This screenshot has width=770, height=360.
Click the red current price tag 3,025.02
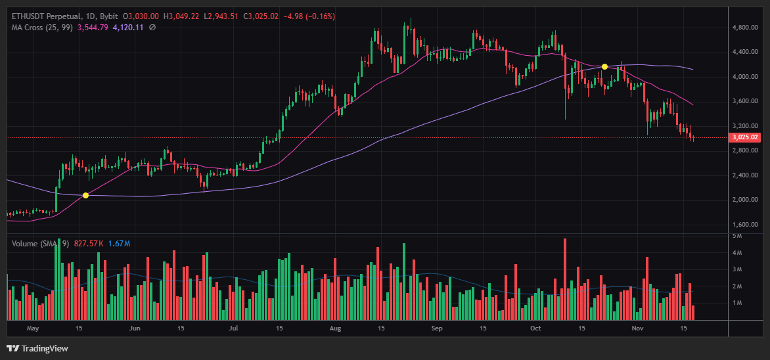pos(745,138)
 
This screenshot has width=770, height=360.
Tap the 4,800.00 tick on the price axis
pos(745,28)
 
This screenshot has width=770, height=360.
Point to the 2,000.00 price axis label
pos(745,200)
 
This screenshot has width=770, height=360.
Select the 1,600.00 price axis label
pos(745,224)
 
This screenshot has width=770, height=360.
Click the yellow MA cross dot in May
pos(85,195)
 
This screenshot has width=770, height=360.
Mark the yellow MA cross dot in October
pos(604,66)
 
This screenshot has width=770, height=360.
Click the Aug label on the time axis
pos(336,327)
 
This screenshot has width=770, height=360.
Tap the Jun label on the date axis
pos(135,327)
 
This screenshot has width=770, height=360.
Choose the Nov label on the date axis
pos(637,327)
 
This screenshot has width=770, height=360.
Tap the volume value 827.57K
pos(89,244)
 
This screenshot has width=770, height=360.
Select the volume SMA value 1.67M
pos(119,244)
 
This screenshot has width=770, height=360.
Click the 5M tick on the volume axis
pos(737,235)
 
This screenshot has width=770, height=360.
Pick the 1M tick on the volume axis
pos(737,303)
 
